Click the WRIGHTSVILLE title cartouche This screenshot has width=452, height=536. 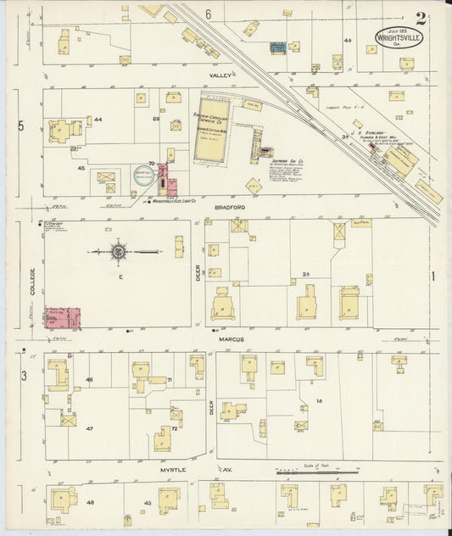pyautogui.click(x=402, y=39)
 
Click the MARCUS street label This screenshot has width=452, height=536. pyautogui.click(x=234, y=338)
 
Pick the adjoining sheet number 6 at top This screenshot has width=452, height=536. pyautogui.click(x=207, y=14)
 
